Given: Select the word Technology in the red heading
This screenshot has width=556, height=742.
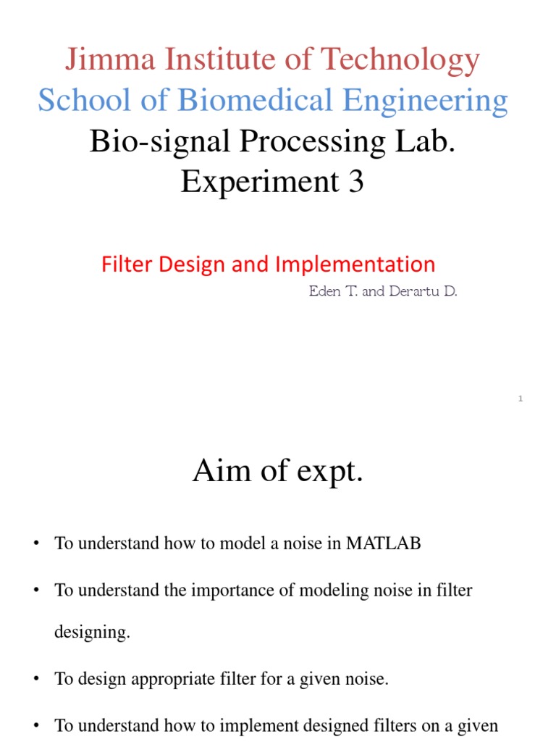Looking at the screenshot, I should [x=405, y=60].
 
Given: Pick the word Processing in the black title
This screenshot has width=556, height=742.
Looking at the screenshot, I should [x=294, y=143].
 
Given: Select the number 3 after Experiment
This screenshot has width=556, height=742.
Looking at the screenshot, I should [x=355, y=182].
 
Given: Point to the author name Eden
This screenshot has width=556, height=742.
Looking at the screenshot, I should [x=324, y=292].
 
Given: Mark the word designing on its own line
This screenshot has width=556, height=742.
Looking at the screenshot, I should [x=92, y=633].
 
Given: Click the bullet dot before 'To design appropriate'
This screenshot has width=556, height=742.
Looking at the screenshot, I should [x=35, y=680].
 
